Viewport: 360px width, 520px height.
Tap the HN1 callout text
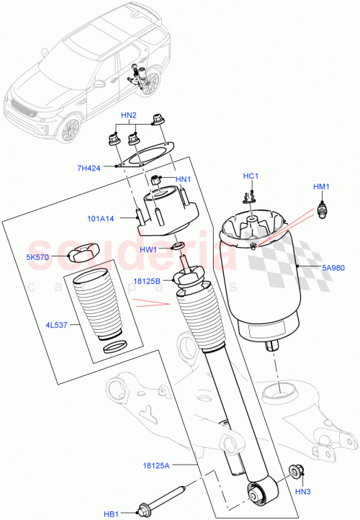coord(183,179)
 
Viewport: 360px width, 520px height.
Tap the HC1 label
coord(250,176)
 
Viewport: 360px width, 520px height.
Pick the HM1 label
coord(321,187)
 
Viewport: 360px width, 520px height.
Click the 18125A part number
coord(158,466)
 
